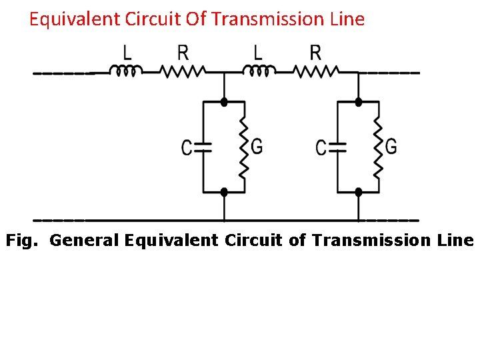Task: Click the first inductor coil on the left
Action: (x=125, y=70)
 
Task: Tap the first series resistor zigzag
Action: (x=182, y=70)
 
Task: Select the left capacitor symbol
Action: (x=203, y=147)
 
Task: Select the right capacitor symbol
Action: (x=338, y=147)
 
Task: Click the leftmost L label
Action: (x=127, y=52)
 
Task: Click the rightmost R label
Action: (x=316, y=52)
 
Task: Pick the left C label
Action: (x=187, y=147)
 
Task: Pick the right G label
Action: (x=391, y=146)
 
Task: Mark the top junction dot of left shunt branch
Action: (x=224, y=102)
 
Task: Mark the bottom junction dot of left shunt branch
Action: (x=224, y=191)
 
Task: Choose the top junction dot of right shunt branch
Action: (x=358, y=102)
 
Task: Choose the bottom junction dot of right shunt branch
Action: (x=358, y=191)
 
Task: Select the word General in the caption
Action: (x=85, y=240)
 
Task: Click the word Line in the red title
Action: (x=347, y=19)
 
